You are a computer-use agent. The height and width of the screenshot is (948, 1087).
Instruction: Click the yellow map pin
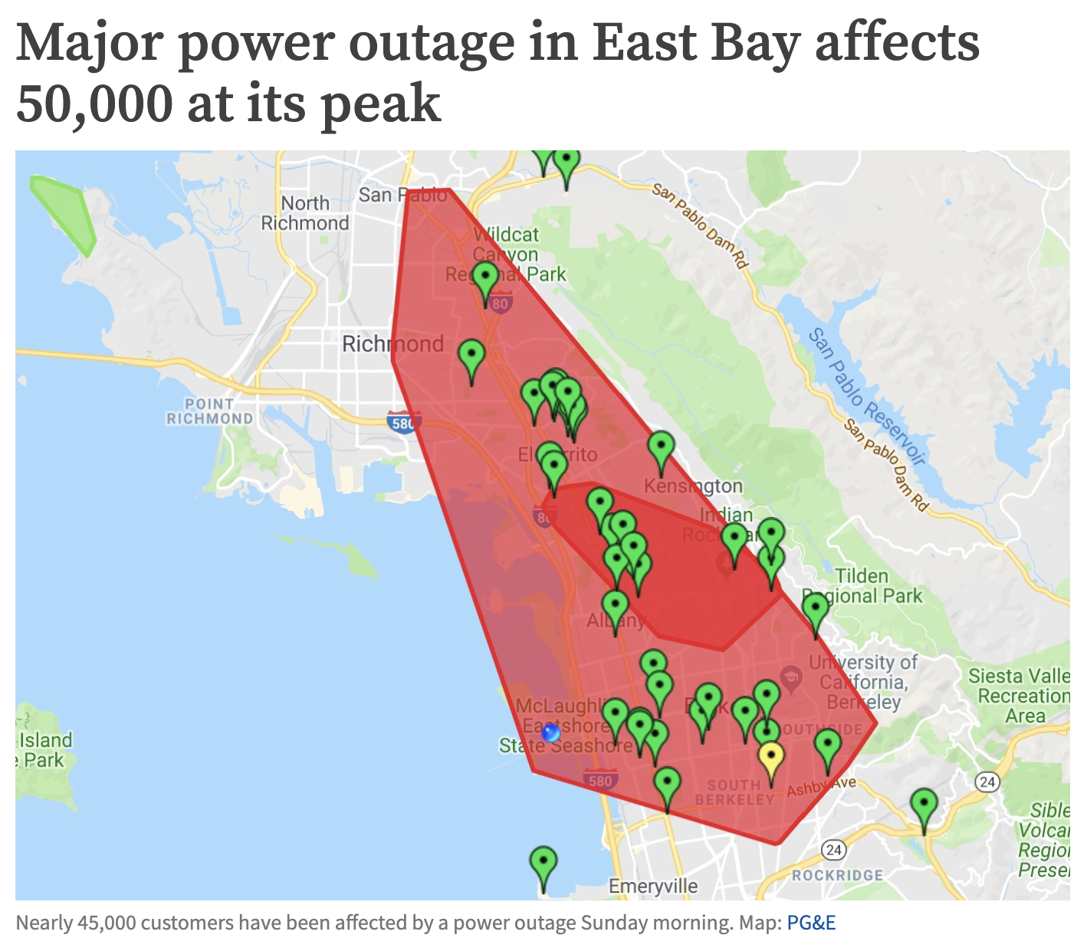(x=771, y=759)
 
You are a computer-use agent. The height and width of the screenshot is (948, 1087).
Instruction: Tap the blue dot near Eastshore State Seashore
(x=550, y=733)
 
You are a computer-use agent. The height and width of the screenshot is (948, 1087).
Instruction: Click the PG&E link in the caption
(x=810, y=922)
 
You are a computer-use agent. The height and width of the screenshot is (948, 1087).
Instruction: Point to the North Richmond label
(x=305, y=213)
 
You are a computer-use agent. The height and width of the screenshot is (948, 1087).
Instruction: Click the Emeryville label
(x=653, y=887)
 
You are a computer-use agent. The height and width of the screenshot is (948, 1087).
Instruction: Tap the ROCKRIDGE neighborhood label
(x=837, y=875)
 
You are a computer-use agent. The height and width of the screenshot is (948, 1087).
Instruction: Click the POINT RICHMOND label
(x=209, y=411)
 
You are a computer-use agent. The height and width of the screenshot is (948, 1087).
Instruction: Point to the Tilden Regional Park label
(x=862, y=586)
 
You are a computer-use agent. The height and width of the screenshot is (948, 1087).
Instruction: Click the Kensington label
(x=693, y=486)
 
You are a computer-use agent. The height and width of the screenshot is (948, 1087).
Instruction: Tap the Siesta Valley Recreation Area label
(x=1023, y=696)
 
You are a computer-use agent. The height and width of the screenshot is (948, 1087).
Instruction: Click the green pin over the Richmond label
(x=471, y=357)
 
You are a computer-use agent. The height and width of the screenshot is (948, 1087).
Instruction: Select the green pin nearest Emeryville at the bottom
(x=543, y=864)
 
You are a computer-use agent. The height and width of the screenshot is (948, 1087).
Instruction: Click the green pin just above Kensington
(x=661, y=448)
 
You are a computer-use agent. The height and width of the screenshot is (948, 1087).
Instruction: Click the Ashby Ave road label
(x=820, y=786)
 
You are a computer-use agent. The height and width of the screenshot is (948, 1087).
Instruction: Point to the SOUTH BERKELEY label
(x=734, y=792)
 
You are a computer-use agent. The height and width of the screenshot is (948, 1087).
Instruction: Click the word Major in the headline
(x=90, y=44)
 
